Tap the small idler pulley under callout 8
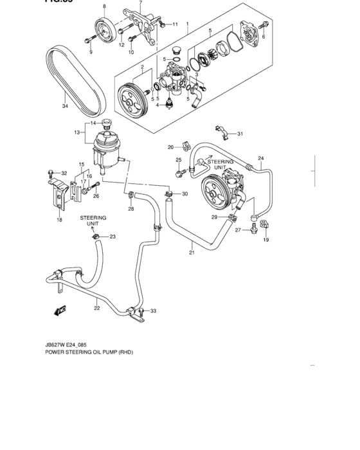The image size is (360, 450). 103,30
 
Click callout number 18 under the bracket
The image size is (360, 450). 59,220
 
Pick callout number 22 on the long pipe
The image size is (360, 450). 96,308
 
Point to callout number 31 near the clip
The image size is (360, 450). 240,134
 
